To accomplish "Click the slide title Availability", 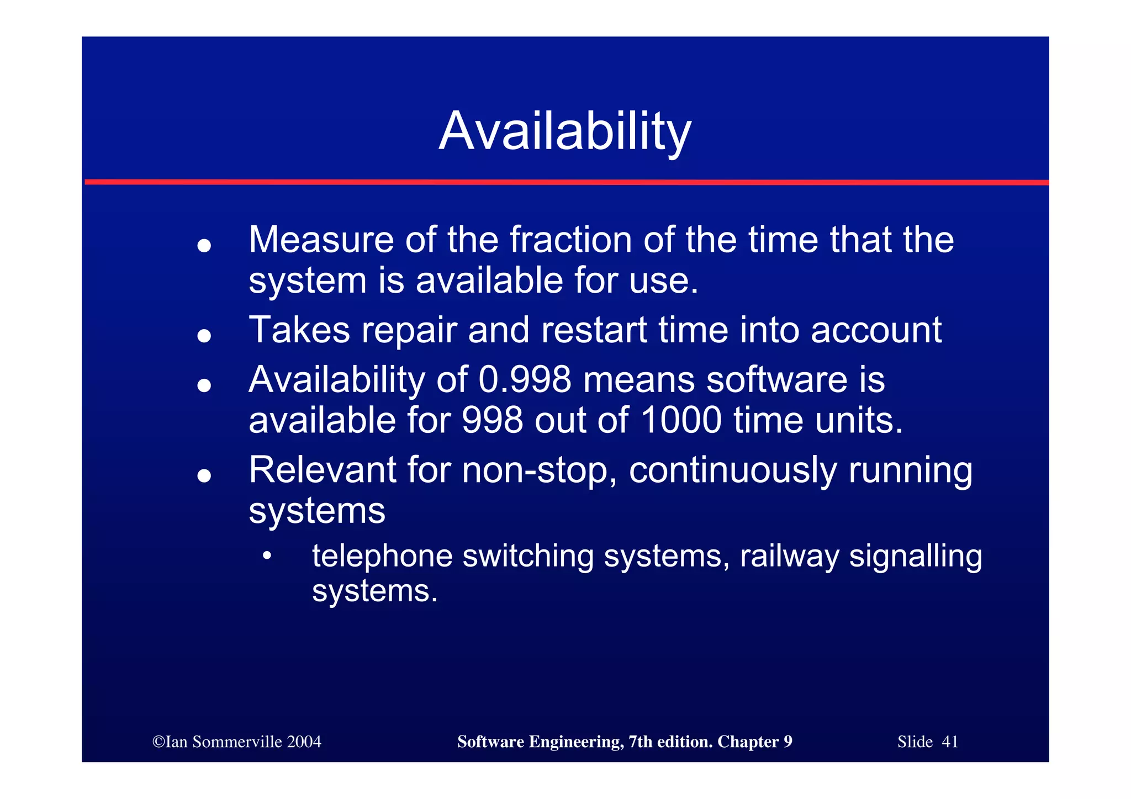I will (564, 131).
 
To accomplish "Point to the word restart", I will (594, 330).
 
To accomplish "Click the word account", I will (876, 330).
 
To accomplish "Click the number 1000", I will (681, 420).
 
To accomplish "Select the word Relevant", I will (322, 470).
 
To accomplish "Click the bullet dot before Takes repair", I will (204, 335).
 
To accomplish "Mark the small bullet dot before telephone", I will (267, 556).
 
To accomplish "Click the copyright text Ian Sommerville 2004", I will (237, 742).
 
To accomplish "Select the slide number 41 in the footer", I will (950, 742).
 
